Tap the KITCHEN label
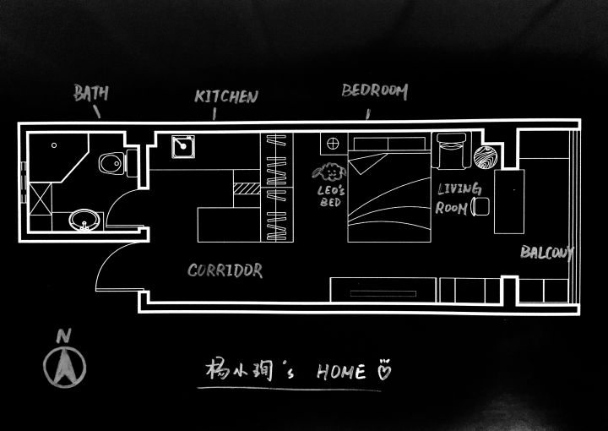(225, 96)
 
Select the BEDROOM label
(375, 90)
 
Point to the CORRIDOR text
(225, 270)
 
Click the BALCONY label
(546, 252)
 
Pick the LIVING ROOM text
(459, 198)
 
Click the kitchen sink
(184, 148)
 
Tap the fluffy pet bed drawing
(329, 172)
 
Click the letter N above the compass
(62, 336)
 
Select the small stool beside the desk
(480, 205)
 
